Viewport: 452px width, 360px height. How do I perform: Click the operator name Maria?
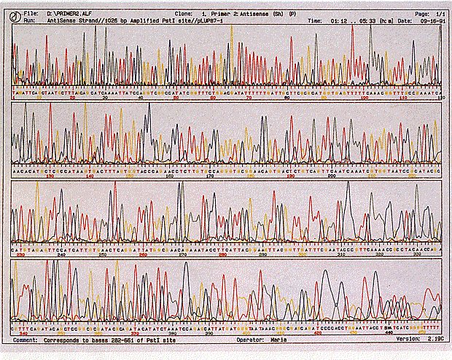tap(279, 339)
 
